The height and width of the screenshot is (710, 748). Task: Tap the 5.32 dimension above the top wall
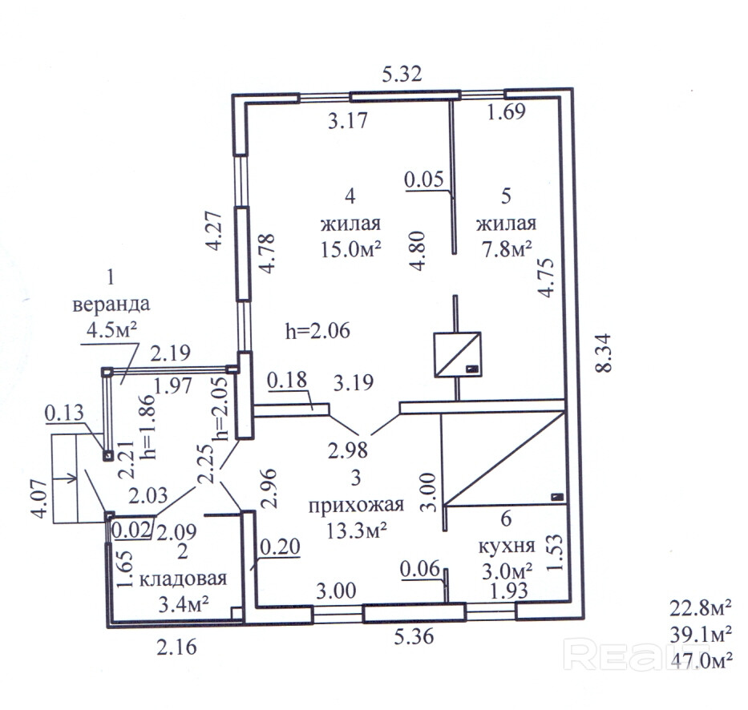point(402,76)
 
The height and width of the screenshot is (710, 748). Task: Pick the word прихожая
point(356,506)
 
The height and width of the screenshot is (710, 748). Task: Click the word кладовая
point(183,579)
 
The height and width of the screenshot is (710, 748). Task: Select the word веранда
point(111,305)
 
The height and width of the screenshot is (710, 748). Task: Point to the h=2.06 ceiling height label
point(318,329)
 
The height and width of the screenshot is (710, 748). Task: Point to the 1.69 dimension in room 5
point(506,112)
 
